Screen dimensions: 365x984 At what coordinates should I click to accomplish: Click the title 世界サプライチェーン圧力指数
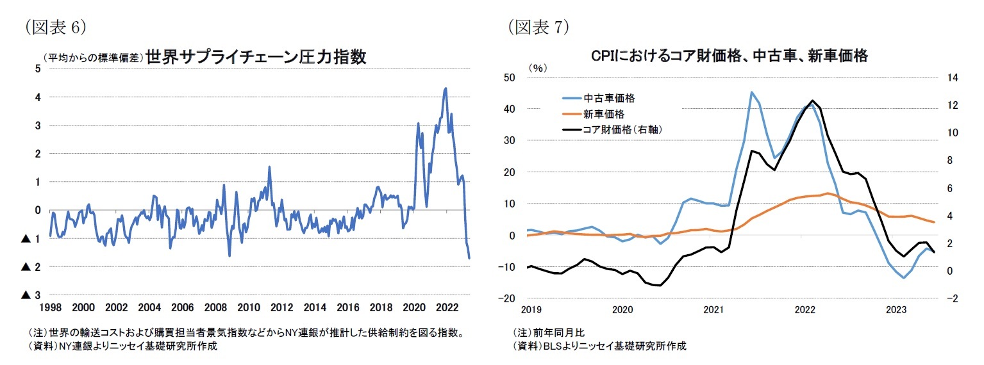(256, 57)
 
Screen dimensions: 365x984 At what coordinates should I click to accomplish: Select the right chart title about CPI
(729, 56)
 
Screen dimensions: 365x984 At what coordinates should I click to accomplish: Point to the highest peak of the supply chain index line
(446, 88)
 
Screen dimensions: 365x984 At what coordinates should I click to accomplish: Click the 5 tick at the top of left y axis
(37, 69)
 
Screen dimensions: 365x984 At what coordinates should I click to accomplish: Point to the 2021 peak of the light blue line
(751, 92)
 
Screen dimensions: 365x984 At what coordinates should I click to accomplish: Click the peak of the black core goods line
(812, 101)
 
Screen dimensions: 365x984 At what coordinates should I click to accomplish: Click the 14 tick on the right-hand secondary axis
(951, 77)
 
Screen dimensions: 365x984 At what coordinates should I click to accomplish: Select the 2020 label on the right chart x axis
(622, 310)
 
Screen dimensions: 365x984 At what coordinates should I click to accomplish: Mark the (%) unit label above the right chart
(536, 67)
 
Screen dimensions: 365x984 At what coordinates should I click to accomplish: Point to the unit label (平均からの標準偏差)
(93, 58)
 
